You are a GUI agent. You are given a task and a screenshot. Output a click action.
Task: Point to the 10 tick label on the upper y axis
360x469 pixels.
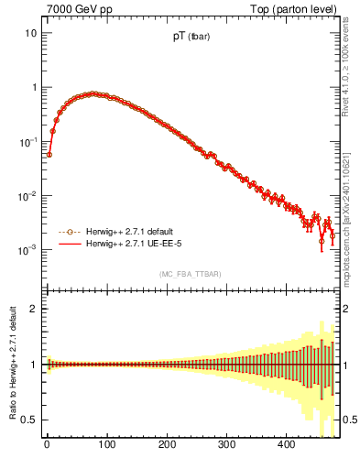point(30,34)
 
